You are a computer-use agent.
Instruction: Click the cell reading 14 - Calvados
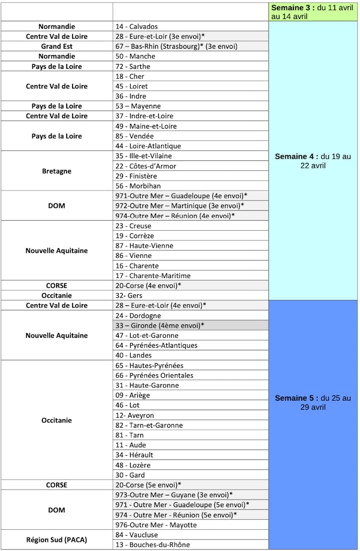tap(137, 26)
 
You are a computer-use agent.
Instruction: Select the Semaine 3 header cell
tap(313, 12)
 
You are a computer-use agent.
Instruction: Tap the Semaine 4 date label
tap(313, 161)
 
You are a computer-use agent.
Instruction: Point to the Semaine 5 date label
tap(313, 402)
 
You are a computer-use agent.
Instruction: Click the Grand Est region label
tap(57, 46)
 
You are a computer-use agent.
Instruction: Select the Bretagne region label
tap(57, 171)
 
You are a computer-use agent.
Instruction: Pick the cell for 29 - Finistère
tap(136, 176)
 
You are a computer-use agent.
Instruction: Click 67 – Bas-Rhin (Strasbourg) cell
tap(169, 46)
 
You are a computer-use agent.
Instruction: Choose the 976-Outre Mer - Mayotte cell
tap(156, 525)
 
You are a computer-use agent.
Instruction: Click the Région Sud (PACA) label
tap(57, 540)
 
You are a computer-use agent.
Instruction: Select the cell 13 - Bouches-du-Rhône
tap(152, 545)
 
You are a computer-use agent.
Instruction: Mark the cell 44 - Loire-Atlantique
tap(148, 146)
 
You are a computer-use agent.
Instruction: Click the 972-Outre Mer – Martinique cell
tap(179, 205)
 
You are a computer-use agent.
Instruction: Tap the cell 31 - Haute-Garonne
tap(147, 385)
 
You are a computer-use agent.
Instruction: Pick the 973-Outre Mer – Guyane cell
tap(174, 495)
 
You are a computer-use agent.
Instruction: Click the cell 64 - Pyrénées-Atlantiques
tap(156, 346)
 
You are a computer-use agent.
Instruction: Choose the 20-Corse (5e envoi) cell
tap(148, 485)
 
